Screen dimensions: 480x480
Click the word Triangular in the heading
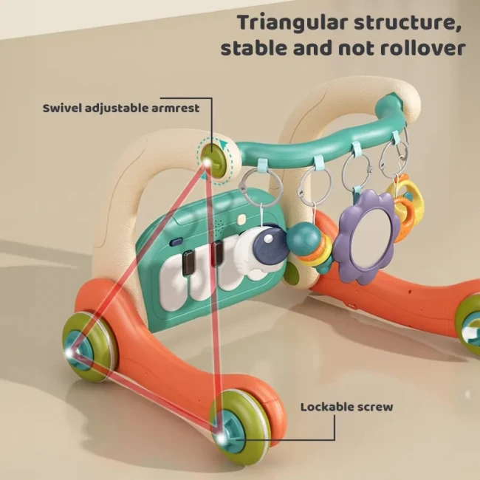tap(293, 24)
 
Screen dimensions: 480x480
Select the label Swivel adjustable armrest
tap(121, 108)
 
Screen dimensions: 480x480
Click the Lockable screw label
tap(346, 407)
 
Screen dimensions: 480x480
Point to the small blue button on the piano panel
tap(176, 242)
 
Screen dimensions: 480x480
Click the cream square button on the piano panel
tap(241, 219)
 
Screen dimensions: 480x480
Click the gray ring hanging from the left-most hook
tap(261, 187)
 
